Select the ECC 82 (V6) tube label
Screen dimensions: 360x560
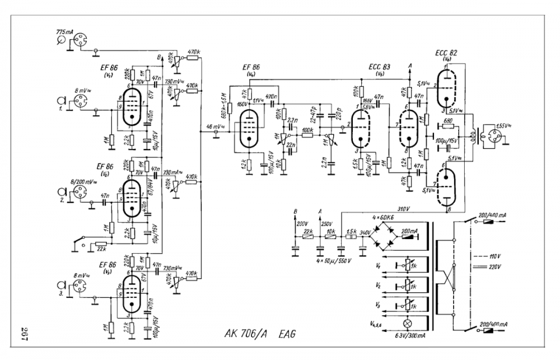(x=446, y=54)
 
